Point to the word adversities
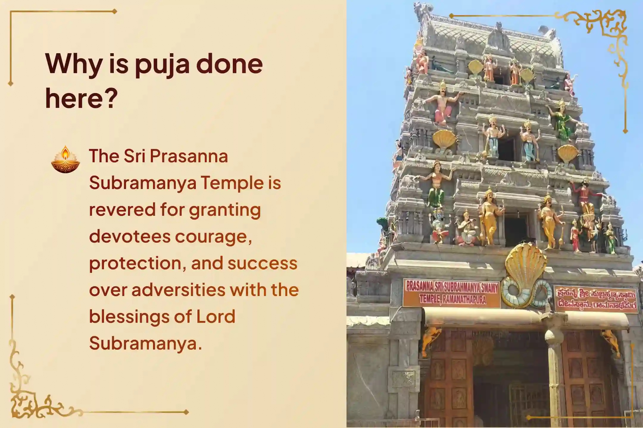coord(178,290)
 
